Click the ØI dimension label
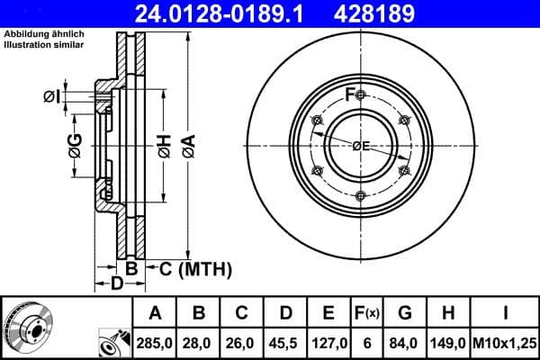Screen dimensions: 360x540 52,96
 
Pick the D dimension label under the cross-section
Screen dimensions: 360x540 116,285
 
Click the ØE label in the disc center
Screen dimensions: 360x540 361,146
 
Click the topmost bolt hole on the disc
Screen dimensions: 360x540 360,96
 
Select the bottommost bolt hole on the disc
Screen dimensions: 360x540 360,195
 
